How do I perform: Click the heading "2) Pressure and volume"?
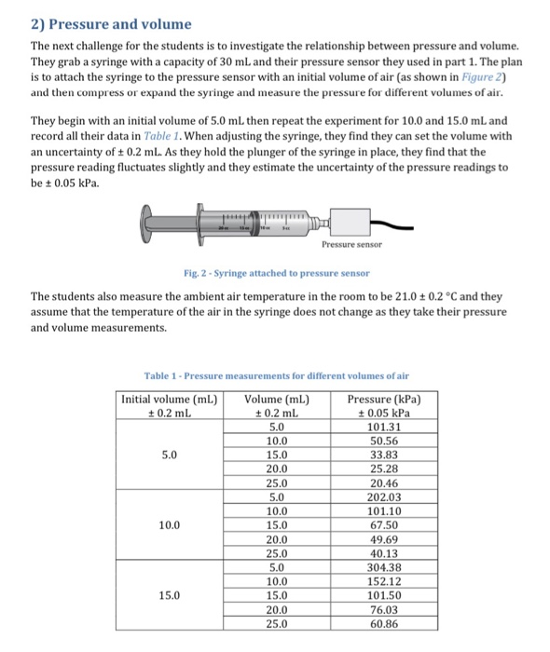tap(111, 23)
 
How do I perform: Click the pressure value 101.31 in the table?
tap(384, 428)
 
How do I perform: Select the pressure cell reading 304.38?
tap(384, 567)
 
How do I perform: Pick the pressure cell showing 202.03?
tap(384, 497)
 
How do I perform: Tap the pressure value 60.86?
tap(384, 623)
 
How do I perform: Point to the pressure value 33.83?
tap(384, 455)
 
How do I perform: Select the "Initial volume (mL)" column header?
tap(170, 400)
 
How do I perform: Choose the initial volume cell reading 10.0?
tap(170, 525)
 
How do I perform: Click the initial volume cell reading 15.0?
tap(170, 595)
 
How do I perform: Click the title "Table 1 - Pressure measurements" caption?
tap(276, 375)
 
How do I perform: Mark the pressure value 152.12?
tap(384, 581)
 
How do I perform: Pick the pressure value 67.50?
tap(384, 525)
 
